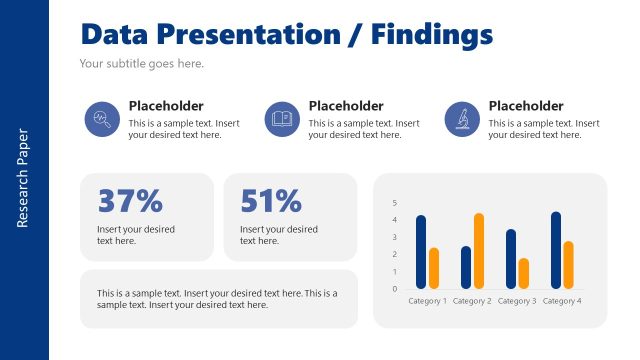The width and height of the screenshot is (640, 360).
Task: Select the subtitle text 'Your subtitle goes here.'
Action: tap(141, 63)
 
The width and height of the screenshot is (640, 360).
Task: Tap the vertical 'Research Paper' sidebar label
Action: tap(24, 178)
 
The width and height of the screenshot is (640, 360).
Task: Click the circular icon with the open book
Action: tap(281, 120)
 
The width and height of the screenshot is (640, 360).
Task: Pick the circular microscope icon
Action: tap(461, 120)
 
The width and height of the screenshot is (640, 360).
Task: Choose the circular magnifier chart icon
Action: tap(101, 120)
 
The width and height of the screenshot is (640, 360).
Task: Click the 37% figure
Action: tap(129, 201)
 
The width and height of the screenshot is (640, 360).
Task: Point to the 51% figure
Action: tap(271, 201)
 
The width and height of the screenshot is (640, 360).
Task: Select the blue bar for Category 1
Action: tap(421, 252)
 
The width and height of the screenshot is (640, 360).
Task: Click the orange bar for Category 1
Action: tap(434, 268)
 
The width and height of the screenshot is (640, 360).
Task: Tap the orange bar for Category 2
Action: tap(479, 251)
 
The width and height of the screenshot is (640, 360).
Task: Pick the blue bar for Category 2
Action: tap(466, 267)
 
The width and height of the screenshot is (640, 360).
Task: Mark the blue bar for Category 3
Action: tap(511, 259)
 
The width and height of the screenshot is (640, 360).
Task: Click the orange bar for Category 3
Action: tap(524, 273)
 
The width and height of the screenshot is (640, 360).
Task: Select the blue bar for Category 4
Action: tap(556, 250)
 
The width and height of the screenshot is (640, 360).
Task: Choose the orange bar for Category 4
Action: tap(569, 264)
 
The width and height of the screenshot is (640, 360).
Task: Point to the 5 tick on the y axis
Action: tap(394, 203)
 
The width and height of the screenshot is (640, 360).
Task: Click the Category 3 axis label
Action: tap(517, 301)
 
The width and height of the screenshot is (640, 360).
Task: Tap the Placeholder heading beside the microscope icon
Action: tap(526, 106)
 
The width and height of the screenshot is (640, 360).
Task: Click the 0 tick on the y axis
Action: tap(394, 289)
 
